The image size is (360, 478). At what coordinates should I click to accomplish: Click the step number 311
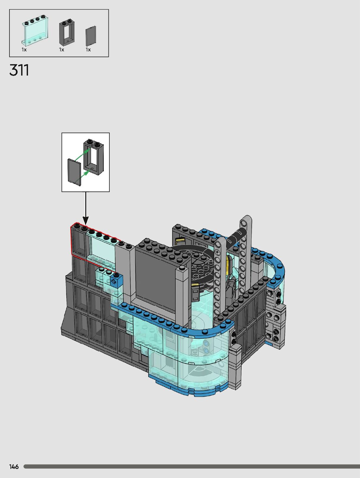coord(19,70)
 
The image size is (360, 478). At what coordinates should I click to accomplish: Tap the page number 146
coord(14,467)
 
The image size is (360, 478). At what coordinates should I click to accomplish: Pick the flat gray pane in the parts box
coord(91,36)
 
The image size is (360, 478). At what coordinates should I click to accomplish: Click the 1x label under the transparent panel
coord(24,49)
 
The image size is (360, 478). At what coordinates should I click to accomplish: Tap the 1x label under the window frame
coord(62,49)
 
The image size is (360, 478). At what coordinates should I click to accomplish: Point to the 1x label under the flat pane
coord(88,49)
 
